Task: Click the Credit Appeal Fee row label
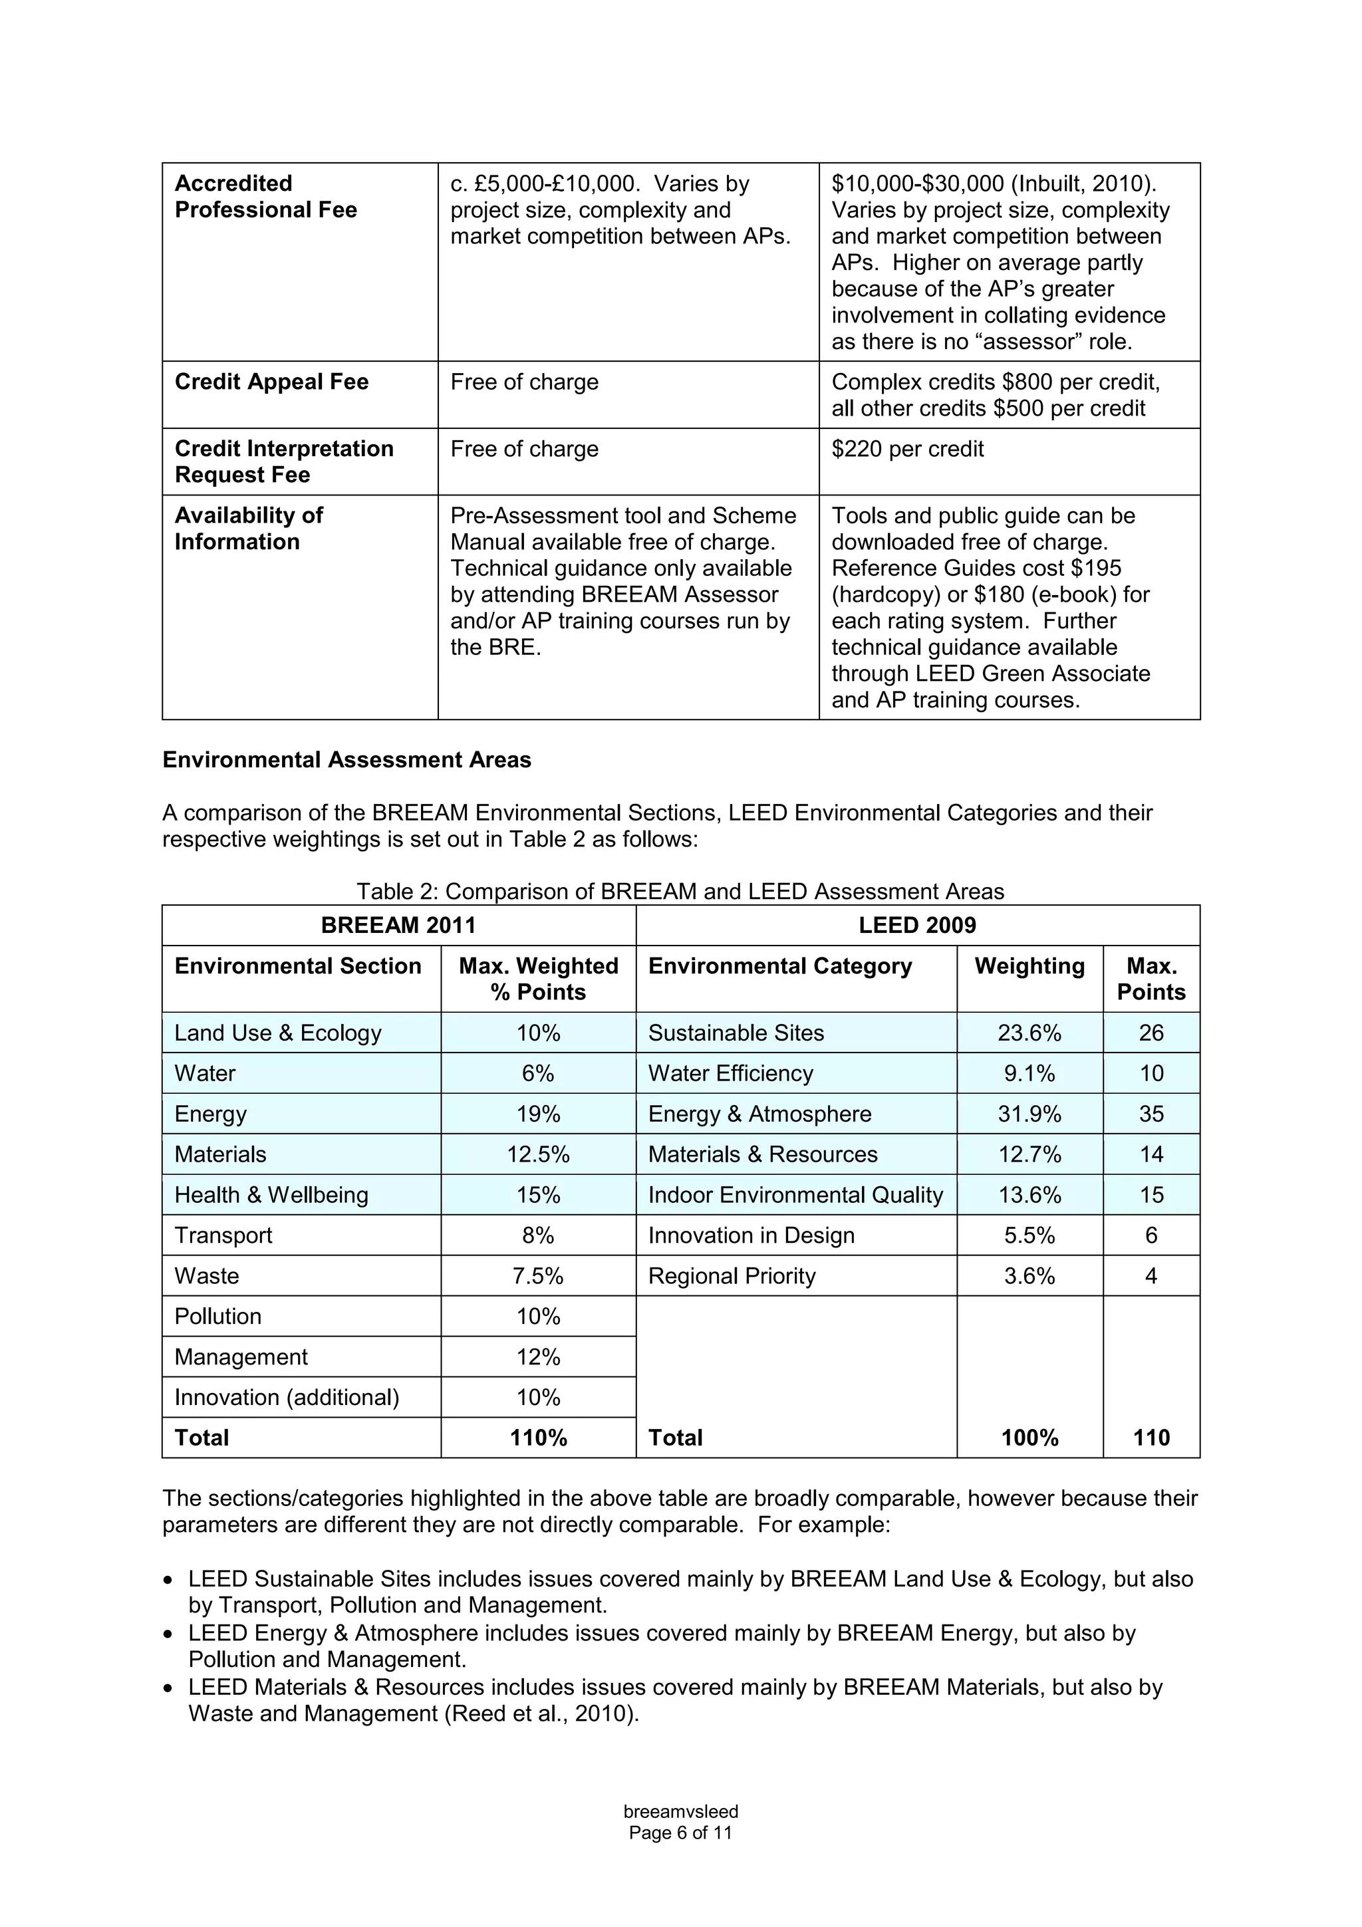pyautogui.click(x=271, y=382)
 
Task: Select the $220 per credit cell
pyautogui.click(x=907, y=449)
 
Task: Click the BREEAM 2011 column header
pyautogui.click(x=398, y=925)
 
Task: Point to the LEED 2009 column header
pyautogui.click(x=917, y=925)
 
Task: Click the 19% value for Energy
pyautogui.click(x=538, y=1114)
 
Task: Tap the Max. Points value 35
pyautogui.click(x=1151, y=1114)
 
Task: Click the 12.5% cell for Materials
pyautogui.click(x=538, y=1154)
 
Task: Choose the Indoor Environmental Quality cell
pyautogui.click(x=795, y=1194)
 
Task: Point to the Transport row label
pyautogui.click(x=223, y=1235)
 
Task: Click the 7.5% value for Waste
pyautogui.click(x=538, y=1276)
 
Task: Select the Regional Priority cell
pyautogui.click(x=731, y=1276)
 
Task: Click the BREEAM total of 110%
pyautogui.click(x=538, y=1438)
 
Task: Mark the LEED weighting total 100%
pyautogui.click(x=1029, y=1438)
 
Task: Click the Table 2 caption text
pyautogui.click(x=680, y=891)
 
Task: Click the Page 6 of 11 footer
pyautogui.click(x=680, y=1833)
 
